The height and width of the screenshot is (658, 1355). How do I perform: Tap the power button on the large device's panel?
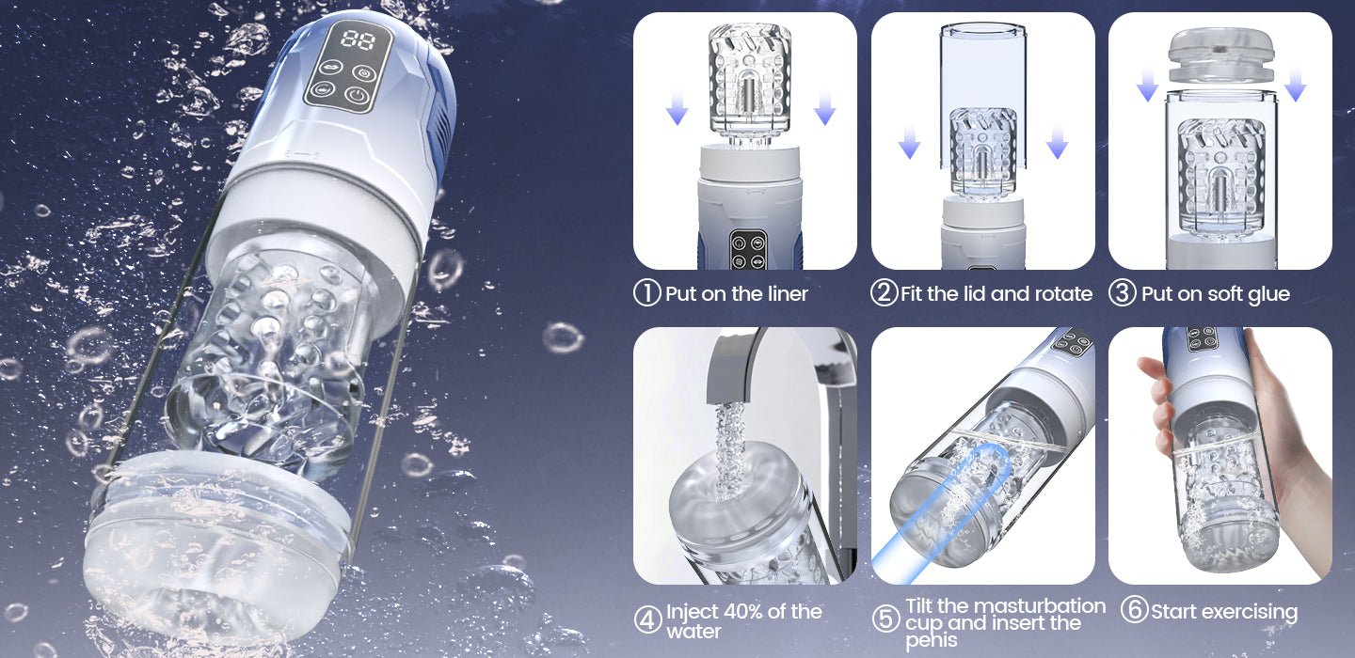tap(357, 94)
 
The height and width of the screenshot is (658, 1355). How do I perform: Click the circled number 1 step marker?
tap(647, 293)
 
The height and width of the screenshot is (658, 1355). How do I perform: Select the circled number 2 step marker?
tap(884, 293)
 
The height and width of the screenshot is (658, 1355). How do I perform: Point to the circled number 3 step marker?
tap(1122, 293)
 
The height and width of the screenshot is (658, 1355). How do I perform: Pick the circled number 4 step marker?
tap(647, 620)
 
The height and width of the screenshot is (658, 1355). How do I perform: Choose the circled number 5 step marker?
tap(885, 619)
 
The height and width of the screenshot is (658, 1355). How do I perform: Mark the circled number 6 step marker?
tap(1134, 611)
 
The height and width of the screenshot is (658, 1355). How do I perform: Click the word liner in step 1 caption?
tap(783, 294)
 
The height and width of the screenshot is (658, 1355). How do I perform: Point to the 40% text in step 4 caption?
tap(740, 612)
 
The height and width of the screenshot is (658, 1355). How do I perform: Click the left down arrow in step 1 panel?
tap(677, 114)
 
